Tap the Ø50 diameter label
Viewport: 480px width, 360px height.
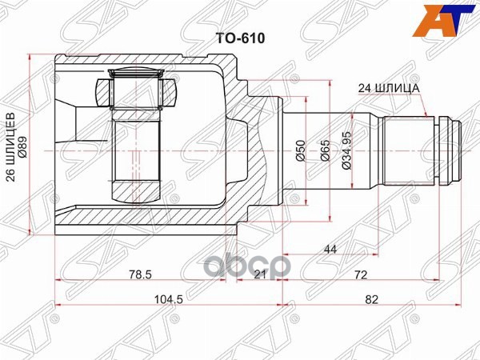point(299,151)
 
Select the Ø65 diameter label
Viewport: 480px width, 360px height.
point(326,151)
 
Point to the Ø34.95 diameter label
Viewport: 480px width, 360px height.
point(346,151)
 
